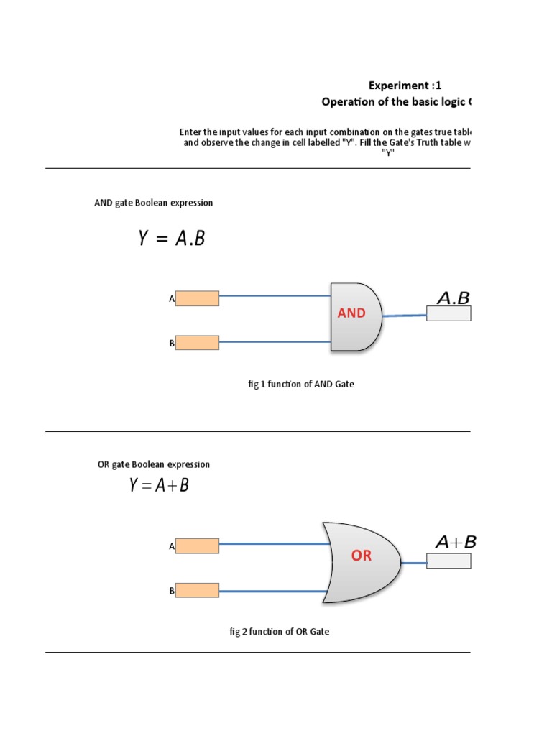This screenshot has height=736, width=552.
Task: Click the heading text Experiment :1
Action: click(405, 86)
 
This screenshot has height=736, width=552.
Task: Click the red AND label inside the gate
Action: click(351, 313)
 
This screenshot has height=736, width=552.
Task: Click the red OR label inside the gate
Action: click(362, 556)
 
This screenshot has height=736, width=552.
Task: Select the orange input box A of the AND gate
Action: click(197, 298)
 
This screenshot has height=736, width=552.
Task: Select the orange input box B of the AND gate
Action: click(197, 343)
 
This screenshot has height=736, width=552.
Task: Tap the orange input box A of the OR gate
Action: click(197, 546)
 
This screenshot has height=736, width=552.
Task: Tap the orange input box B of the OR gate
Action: click(197, 590)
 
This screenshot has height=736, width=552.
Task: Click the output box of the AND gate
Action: click(448, 313)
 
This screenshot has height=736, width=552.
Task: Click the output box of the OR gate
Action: click(448, 561)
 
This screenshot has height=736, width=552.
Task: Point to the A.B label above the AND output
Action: click(453, 298)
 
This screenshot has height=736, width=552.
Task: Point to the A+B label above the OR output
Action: click(456, 543)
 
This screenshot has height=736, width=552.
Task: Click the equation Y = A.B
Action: click(172, 239)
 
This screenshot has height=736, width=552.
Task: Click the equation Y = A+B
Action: click(159, 486)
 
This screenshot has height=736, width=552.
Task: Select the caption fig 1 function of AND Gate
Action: click(301, 385)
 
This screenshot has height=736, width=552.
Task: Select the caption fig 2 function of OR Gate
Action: click(280, 632)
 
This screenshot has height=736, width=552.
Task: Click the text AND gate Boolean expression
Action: click(154, 203)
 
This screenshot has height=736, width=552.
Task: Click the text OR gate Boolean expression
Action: click(154, 464)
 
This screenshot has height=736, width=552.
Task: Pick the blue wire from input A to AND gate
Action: click(275, 295)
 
